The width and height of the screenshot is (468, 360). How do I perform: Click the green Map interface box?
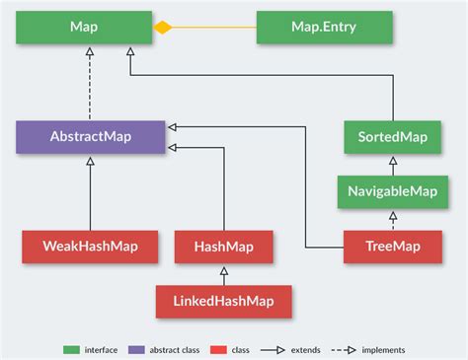coord(84,28)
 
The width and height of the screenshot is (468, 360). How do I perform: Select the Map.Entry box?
coord(324,28)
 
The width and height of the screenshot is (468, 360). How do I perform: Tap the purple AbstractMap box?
coord(90,137)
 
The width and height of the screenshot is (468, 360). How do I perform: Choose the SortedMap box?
coord(392,136)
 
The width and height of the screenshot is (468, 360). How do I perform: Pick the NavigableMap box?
coord(392,189)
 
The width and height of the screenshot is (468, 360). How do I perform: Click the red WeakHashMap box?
coord(76,246)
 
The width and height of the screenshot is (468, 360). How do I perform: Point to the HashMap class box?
coord(223,246)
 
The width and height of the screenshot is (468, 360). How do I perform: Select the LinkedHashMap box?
coord(223,301)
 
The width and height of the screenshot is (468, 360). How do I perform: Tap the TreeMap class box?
coord(392,246)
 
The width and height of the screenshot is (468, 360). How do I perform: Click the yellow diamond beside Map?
coord(163,28)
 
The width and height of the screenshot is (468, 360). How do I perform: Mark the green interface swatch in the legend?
coord(71,349)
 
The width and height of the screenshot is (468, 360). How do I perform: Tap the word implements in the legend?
coord(383,349)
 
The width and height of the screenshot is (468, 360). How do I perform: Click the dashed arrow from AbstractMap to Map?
coord(90,83)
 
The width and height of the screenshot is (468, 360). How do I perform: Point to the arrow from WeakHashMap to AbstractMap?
coord(90,192)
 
